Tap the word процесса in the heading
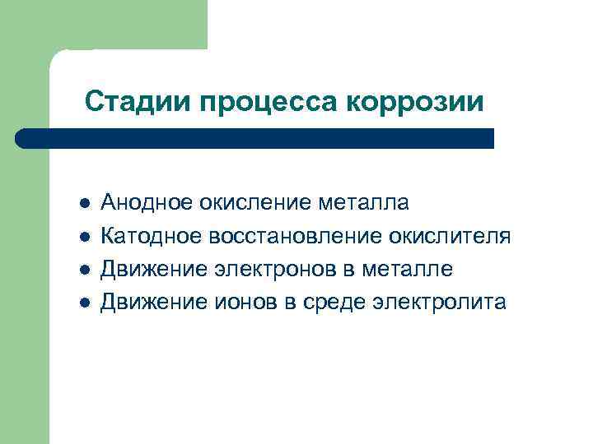[267, 103]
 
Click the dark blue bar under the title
[255, 138]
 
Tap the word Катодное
[150, 237]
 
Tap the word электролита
[439, 303]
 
